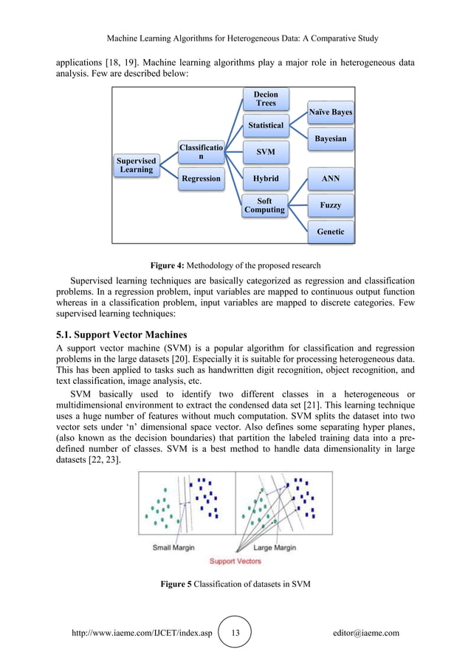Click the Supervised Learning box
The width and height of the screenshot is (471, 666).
click(137, 165)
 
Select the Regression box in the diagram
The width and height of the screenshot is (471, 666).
click(201, 179)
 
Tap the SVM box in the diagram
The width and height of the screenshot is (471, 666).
click(265, 152)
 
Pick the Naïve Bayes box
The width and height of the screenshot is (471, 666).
click(330, 112)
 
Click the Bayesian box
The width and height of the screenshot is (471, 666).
click(330, 138)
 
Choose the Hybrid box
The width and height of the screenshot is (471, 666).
click(265, 179)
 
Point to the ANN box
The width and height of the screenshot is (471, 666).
click(330, 179)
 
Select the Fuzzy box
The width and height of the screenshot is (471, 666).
click(330, 205)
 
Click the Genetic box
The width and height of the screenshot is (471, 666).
click(330, 231)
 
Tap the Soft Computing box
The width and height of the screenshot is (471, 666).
click(265, 205)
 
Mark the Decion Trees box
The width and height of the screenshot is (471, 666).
click(265, 99)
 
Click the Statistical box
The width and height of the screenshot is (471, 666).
click(265, 126)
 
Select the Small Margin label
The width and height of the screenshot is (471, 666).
click(173, 547)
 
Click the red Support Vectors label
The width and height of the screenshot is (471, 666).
click(235, 561)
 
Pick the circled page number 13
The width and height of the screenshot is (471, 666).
click(236, 633)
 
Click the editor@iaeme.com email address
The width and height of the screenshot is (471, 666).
click(366, 633)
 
